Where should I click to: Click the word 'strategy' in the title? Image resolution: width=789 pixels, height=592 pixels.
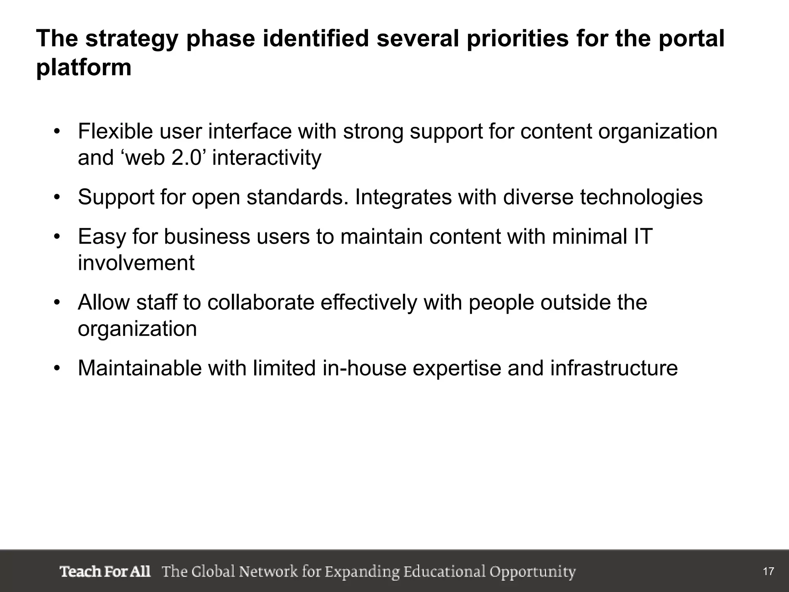[x=131, y=40]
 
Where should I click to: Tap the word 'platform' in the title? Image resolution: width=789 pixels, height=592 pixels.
[x=84, y=68]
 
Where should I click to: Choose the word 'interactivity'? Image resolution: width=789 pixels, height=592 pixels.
[x=267, y=158]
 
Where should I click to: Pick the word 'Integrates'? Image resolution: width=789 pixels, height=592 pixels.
[x=403, y=197]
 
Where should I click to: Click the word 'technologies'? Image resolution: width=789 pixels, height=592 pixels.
[x=641, y=197]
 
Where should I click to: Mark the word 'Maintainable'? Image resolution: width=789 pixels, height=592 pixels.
[x=139, y=368]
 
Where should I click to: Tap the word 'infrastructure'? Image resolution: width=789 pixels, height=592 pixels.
[x=614, y=368]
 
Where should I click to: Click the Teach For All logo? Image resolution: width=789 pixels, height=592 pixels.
[x=105, y=571]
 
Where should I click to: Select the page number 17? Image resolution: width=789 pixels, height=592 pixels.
[x=768, y=572]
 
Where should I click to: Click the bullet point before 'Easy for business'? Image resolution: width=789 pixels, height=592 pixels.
[x=57, y=236]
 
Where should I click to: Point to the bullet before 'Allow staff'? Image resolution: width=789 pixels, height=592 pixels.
[x=57, y=302]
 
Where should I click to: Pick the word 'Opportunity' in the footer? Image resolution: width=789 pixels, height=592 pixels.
[x=532, y=572]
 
